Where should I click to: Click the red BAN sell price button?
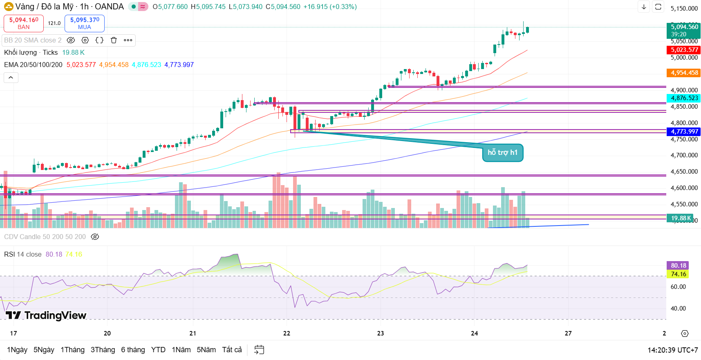tap(24, 23)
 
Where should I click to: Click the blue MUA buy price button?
tap(85, 23)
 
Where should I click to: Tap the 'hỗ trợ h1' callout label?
tap(502, 152)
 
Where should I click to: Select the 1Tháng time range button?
tap(72, 350)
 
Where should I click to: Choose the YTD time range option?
tap(158, 350)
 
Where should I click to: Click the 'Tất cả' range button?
tap(232, 350)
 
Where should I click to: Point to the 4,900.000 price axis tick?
tap(684, 90)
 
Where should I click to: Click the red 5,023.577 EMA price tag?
tap(684, 50)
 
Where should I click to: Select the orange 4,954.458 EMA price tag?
tap(684, 73)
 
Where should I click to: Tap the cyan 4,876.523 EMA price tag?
tap(684, 98)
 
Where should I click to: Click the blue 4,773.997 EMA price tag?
tap(684, 132)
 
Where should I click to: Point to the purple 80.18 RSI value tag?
tap(678, 266)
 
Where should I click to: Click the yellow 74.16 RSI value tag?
tap(678, 274)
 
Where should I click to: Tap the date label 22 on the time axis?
tap(287, 333)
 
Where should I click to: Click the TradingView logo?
tap(46, 315)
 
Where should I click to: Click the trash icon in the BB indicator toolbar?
tap(114, 40)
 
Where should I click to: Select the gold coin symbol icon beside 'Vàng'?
tap(9, 7)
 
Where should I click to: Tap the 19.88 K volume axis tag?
tap(681, 218)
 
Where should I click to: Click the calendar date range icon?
tap(259, 350)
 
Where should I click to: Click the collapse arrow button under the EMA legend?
tap(11, 78)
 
